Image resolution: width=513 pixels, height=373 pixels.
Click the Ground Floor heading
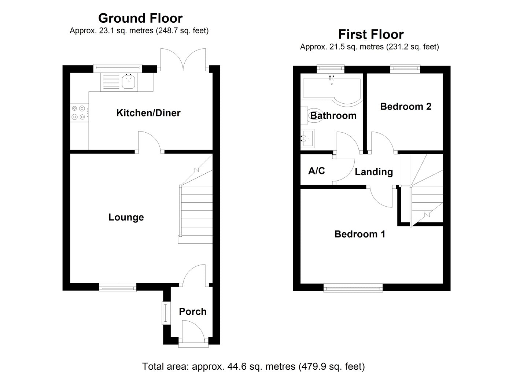tap(140, 18)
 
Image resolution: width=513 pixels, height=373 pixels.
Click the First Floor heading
tap(371, 34)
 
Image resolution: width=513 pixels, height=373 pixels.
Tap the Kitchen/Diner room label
tap(148, 113)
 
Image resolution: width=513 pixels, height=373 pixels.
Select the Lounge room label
tap(126, 217)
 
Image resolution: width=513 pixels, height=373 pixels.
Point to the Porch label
tap(193, 312)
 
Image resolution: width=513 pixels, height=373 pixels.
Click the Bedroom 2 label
tap(406, 107)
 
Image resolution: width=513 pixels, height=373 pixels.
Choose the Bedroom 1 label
tap(360, 234)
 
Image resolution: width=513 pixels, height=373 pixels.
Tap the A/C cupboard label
tap(317, 171)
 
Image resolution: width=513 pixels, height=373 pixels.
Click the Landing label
tap(374, 172)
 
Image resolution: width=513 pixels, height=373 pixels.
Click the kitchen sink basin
tap(129, 82)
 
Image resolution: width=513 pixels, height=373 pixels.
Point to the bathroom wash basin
tap(307, 138)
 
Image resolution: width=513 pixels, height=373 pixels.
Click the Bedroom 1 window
tap(353, 288)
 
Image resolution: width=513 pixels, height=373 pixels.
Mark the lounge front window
tap(118, 287)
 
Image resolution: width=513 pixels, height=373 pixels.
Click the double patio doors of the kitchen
tap(183, 60)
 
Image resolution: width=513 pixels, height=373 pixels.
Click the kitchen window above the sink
tap(118, 67)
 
